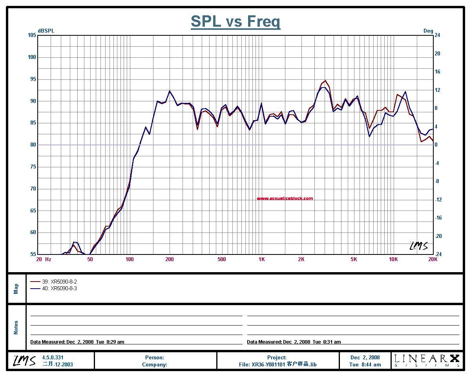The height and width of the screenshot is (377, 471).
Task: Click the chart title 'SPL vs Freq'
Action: coord(235,21)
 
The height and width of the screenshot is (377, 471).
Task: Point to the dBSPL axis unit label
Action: coord(46,31)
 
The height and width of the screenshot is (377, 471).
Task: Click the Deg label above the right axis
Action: coord(428,31)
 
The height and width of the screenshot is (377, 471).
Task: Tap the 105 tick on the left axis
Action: coord(32,35)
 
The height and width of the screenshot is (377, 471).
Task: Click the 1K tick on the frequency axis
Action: coord(261,259)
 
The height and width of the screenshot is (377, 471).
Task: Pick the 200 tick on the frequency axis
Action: coord(169,259)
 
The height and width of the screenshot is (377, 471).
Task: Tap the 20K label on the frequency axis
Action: coord(432,259)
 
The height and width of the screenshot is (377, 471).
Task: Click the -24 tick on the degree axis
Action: coord(438,254)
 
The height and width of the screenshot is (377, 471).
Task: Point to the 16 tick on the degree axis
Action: coord(437,72)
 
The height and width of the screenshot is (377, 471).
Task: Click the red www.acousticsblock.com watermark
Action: coord(285,198)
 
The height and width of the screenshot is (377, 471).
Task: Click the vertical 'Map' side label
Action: coord(16,289)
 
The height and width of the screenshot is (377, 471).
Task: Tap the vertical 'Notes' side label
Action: coord(16,327)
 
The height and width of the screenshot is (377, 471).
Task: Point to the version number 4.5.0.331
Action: coord(53,357)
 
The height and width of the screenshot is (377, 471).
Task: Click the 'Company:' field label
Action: coord(155,364)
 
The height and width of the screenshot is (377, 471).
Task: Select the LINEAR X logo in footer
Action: coord(427,360)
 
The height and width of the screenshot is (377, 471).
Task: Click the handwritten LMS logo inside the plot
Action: coord(418,246)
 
